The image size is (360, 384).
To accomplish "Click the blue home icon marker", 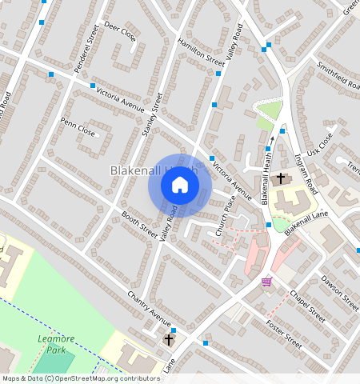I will [x=180, y=186].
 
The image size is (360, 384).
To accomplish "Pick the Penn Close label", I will [x=78, y=127].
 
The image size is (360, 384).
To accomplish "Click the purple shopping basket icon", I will [x=266, y=281].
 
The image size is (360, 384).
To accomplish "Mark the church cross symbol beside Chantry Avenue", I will [x=170, y=340].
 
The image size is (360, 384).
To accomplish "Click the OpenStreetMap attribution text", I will [x=80, y=378].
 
